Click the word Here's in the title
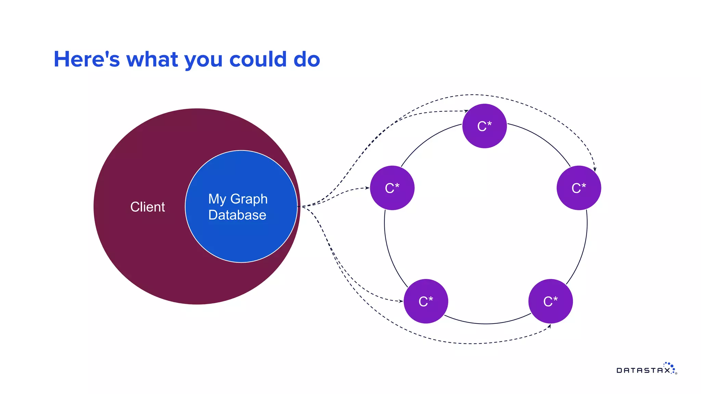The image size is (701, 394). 87,60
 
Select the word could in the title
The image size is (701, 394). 258,60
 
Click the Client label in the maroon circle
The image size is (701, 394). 148,207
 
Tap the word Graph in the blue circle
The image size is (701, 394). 249,199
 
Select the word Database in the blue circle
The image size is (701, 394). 237,215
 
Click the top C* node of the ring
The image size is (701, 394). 484,126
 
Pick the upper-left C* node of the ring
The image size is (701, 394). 392,188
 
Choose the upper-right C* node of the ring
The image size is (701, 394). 578,188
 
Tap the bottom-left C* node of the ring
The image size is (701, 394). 426,301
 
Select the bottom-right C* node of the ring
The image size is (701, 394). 550,301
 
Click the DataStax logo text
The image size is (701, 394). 643,370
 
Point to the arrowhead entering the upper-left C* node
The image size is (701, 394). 367,188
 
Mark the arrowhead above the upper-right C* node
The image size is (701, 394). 595,169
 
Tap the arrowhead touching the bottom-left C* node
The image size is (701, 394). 401,301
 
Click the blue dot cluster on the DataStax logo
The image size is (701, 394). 670,366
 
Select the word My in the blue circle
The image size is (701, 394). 217,199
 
